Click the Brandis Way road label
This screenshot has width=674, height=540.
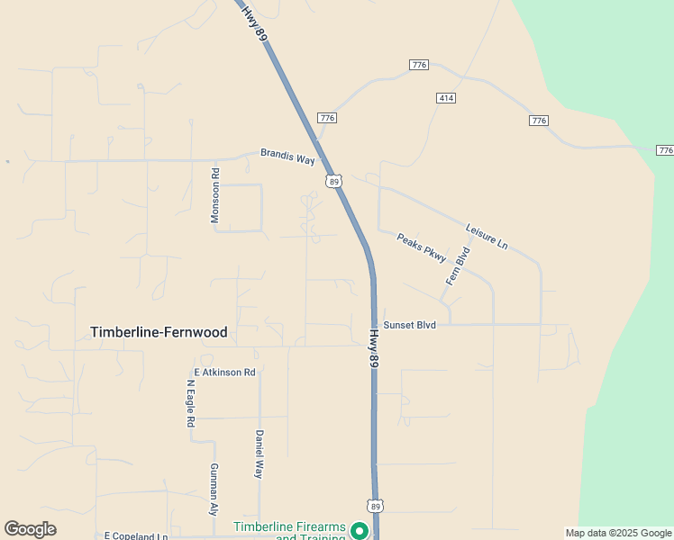287,156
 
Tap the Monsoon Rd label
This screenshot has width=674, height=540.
215,195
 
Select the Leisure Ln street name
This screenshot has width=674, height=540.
487,236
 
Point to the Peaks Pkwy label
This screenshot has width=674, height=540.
422,247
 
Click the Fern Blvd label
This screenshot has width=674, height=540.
458,266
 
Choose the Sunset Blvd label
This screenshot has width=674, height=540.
410,325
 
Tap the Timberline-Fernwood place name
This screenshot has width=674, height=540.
159,332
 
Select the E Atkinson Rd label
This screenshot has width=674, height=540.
225,372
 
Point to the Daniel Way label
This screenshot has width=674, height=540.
259,454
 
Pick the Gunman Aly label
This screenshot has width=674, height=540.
214,489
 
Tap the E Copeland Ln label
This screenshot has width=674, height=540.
136,535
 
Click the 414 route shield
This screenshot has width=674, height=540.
446,97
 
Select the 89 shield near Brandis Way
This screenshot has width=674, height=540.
334,182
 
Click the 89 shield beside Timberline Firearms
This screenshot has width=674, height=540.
375,505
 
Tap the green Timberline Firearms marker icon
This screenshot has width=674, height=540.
360,531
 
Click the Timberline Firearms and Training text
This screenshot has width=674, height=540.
288,532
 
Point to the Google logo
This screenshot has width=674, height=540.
31,529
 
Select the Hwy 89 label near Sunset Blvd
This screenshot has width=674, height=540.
373,346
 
